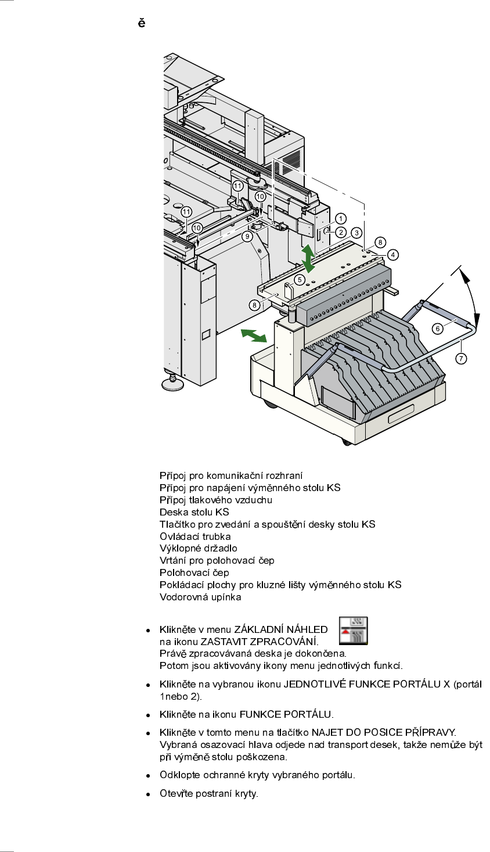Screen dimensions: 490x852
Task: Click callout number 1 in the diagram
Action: coord(341,219)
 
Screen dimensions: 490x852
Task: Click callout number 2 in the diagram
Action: coord(341,232)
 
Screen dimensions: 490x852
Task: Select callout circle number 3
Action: coord(356,232)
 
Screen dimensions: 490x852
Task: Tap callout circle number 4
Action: coord(393,255)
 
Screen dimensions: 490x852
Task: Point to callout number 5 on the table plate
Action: coord(300,280)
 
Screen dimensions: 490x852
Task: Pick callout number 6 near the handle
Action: coord(438,328)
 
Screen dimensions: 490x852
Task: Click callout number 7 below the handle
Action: coord(461,359)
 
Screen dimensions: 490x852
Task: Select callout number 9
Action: coord(247,236)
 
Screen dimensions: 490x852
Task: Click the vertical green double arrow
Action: coord(308,259)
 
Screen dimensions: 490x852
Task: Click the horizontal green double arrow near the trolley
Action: coord(254,335)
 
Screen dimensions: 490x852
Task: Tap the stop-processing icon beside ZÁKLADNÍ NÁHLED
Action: coord(353,631)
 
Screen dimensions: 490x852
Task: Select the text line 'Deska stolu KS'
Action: coord(194,512)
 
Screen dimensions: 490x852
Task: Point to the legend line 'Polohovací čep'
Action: coord(194,572)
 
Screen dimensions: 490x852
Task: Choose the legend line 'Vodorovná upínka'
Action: coord(200,597)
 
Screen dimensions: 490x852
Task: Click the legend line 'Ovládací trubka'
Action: coord(195,536)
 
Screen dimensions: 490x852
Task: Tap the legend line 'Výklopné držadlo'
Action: coord(199,548)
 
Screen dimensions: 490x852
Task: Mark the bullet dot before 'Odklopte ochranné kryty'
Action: coord(149,776)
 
